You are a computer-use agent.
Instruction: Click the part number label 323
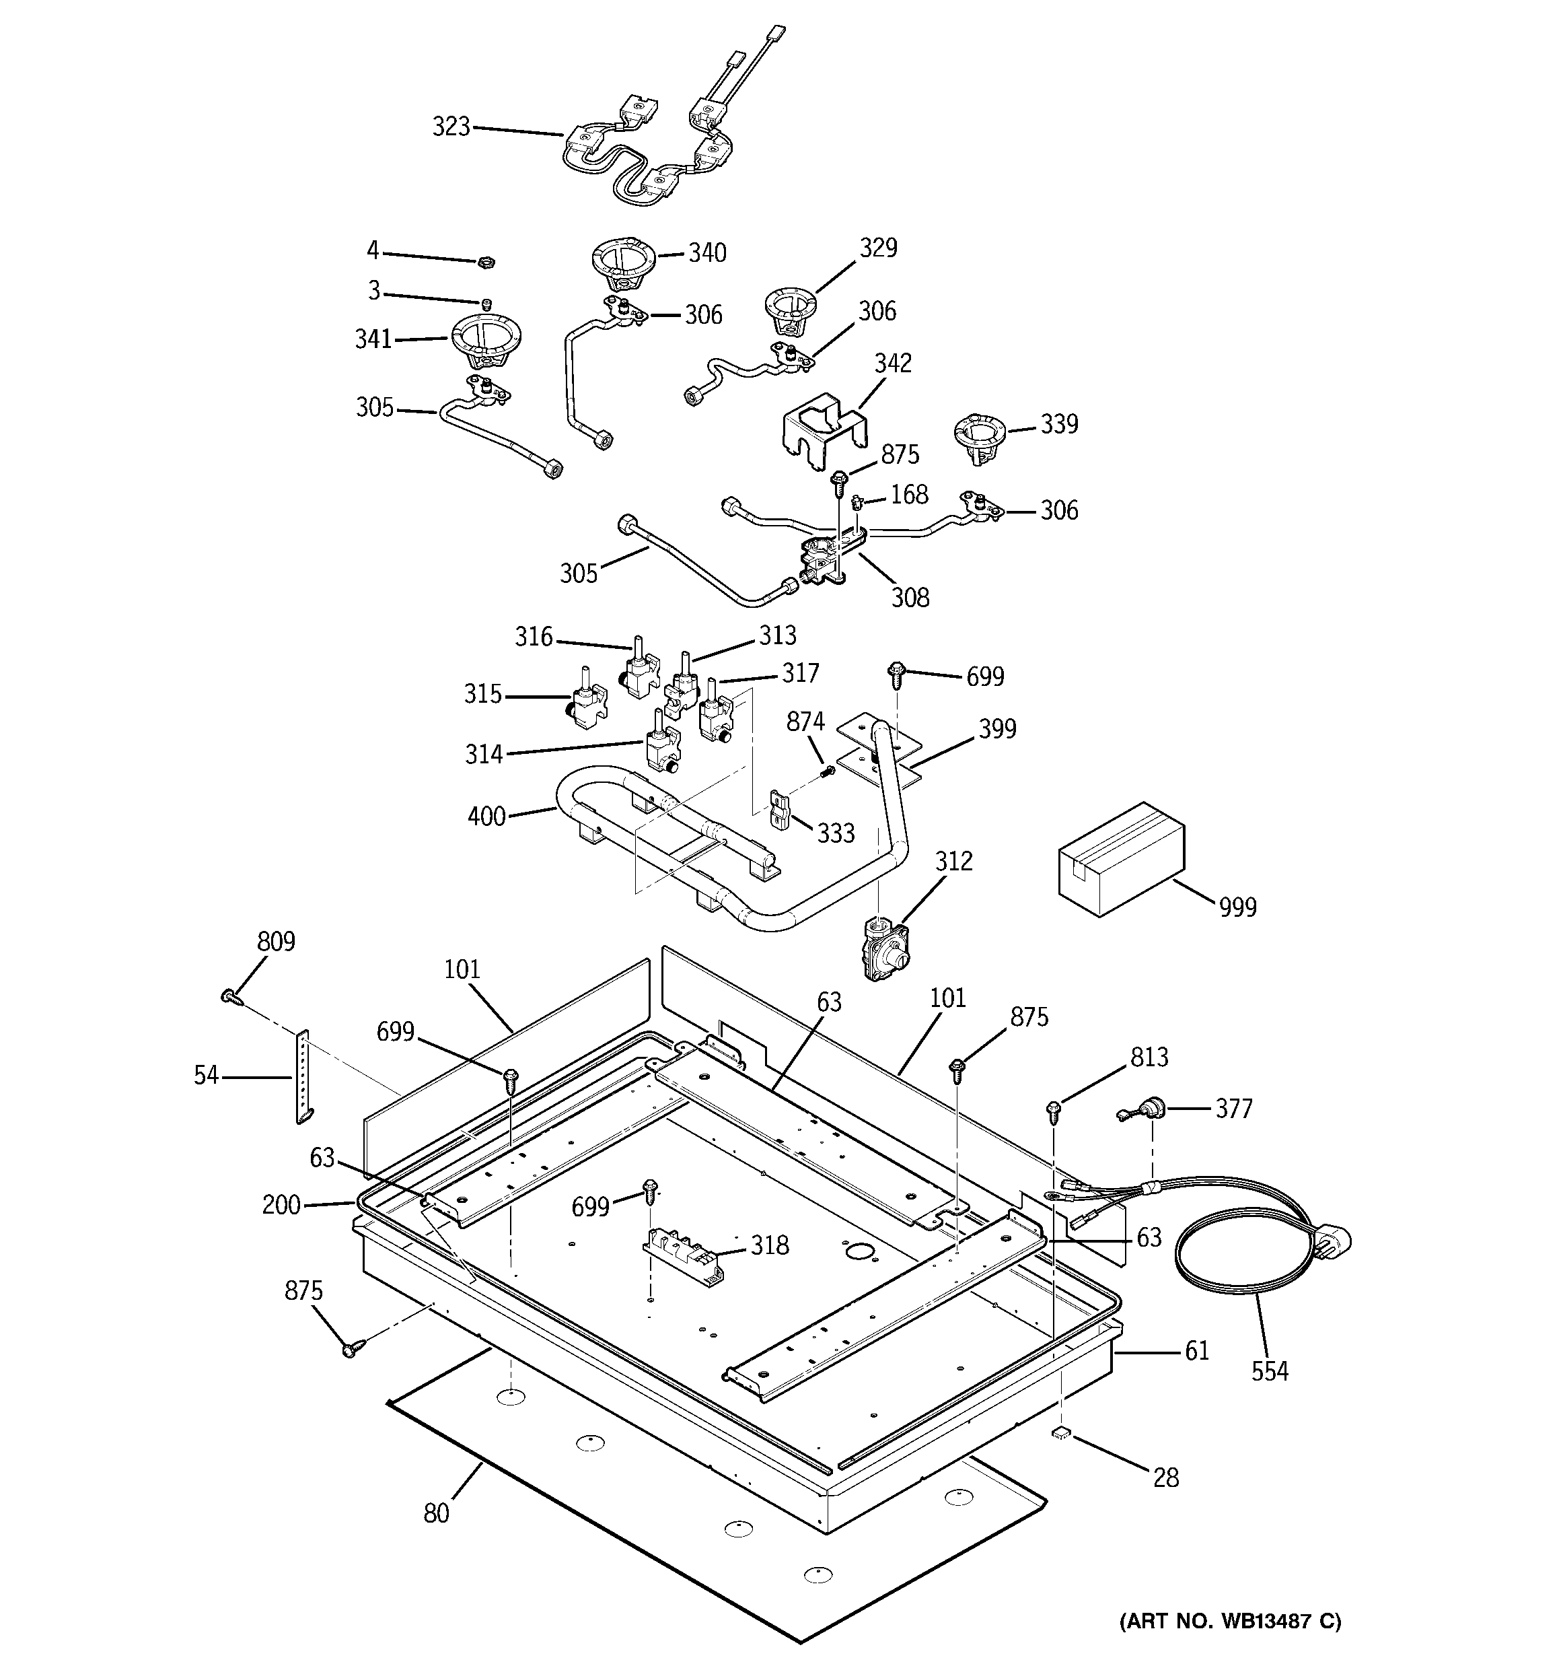click(x=451, y=127)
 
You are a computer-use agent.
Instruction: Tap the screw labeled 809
click(x=229, y=996)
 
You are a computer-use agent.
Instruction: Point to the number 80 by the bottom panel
click(x=436, y=1513)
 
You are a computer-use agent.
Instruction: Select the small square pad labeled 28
click(x=1060, y=1433)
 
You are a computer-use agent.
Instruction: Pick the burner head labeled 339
click(x=977, y=436)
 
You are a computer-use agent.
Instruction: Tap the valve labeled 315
click(x=587, y=697)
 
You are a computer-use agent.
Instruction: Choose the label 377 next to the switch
click(x=1233, y=1109)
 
